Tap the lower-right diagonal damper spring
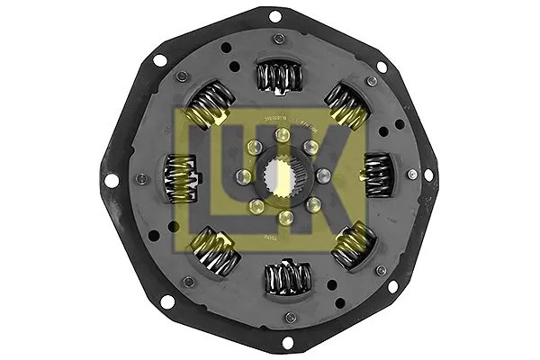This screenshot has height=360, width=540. pyautogui.click(x=353, y=244)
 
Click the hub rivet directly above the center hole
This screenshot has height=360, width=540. pyautogui.click(x=282, y=135)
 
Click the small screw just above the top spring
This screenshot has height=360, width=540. pyautogui.click(x=278, y=39)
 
